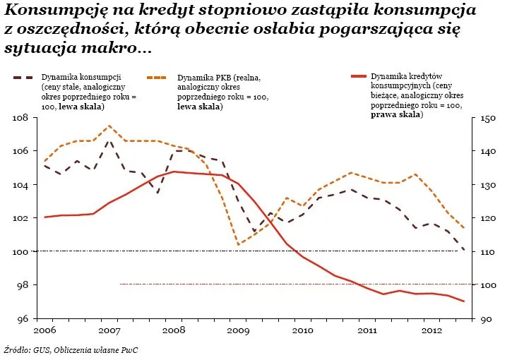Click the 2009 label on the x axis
pos(239,330)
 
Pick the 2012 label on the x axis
pos(431,330)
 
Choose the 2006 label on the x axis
pos(44,330)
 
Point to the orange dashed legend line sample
pos(160,76)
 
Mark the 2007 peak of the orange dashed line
pos(109,126)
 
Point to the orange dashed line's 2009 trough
pos(239,245)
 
